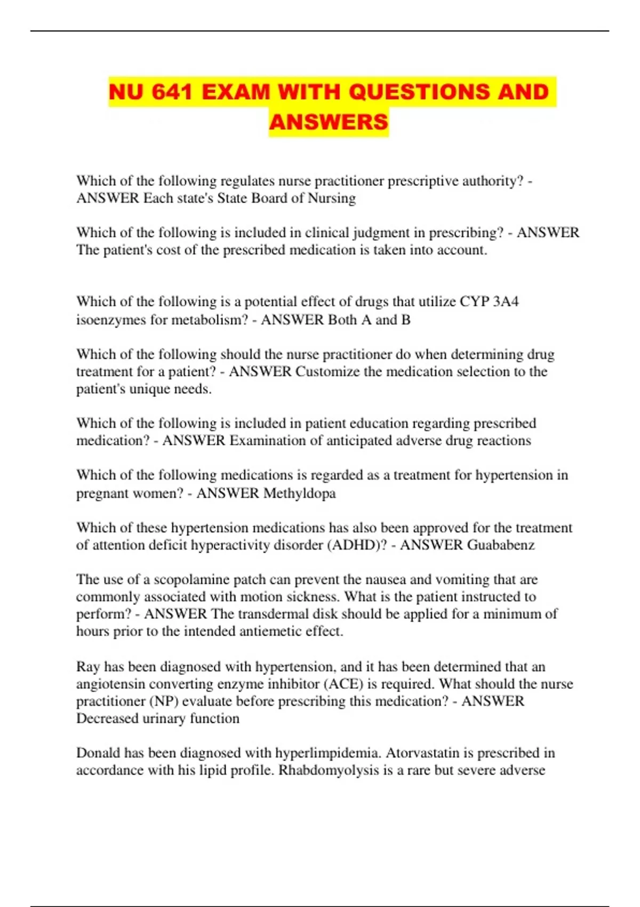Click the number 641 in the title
coord(172,92)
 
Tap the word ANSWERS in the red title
coord(329,122)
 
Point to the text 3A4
coord(506,302)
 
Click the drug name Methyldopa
coord(300,494)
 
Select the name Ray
coord(88,667)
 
